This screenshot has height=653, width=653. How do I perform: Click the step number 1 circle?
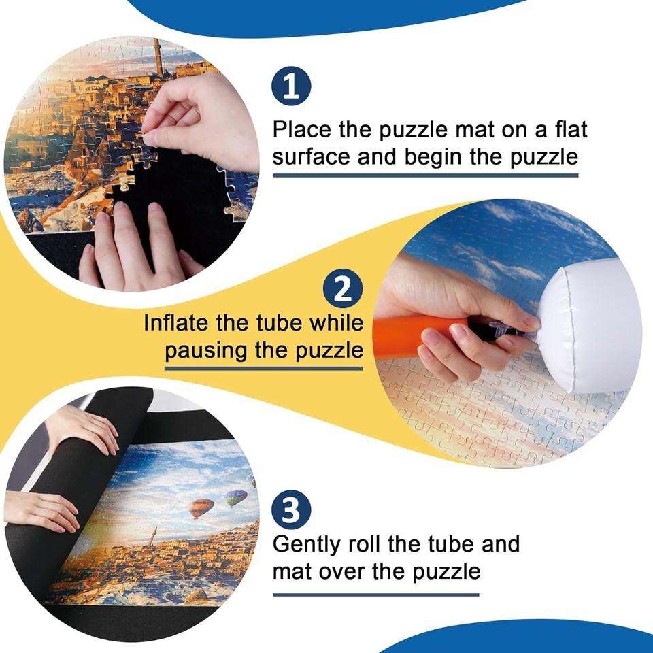click(291, 89)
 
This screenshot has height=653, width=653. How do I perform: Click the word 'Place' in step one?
click(304, 129)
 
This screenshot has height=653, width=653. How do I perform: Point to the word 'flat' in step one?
click(563, 129)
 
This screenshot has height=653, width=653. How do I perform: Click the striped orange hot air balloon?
click(201, 507)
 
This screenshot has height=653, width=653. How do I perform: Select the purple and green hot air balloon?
click(235, 498)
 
